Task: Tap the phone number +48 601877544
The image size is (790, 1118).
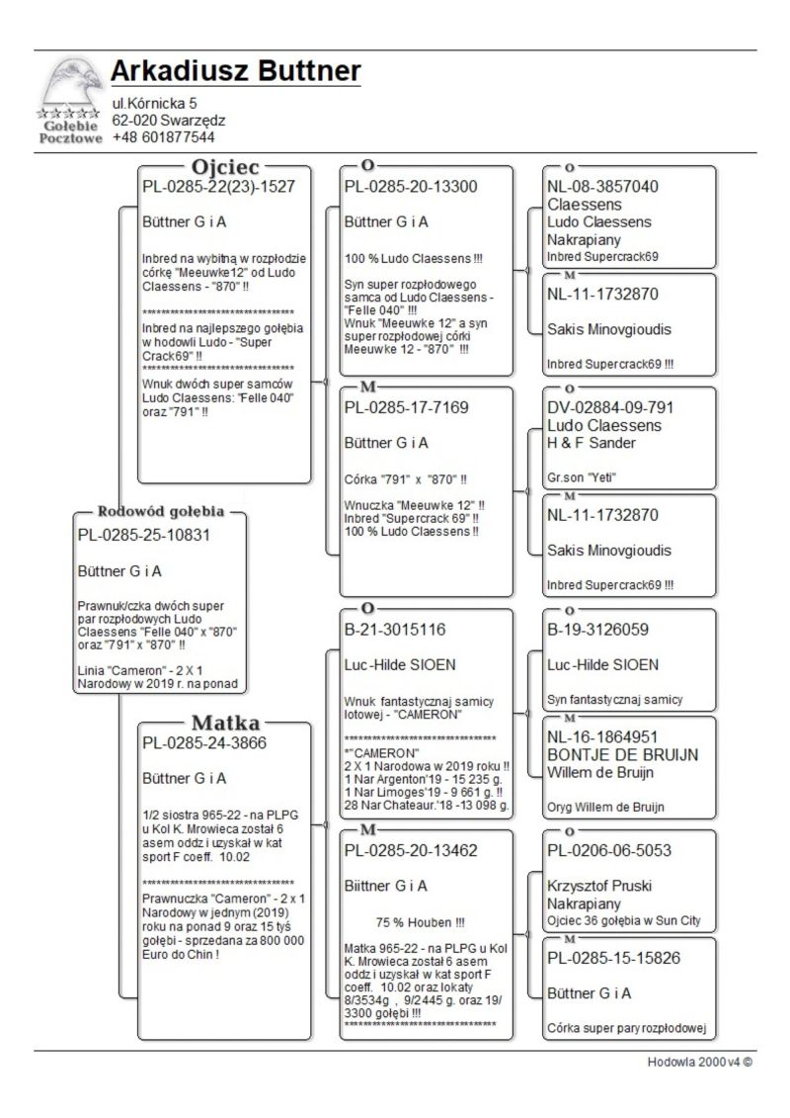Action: (163, 137)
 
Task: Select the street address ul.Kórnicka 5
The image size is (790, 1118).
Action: (155, 103)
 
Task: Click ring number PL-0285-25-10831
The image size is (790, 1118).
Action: (144, 535)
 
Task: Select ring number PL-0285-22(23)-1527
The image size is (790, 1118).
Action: (219, 185)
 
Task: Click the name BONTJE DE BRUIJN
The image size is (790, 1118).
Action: (622, 754)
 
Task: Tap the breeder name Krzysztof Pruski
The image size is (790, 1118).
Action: (599, 886)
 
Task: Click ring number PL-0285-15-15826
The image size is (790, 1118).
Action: (613, 958)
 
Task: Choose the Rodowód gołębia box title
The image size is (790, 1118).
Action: (161, 512)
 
